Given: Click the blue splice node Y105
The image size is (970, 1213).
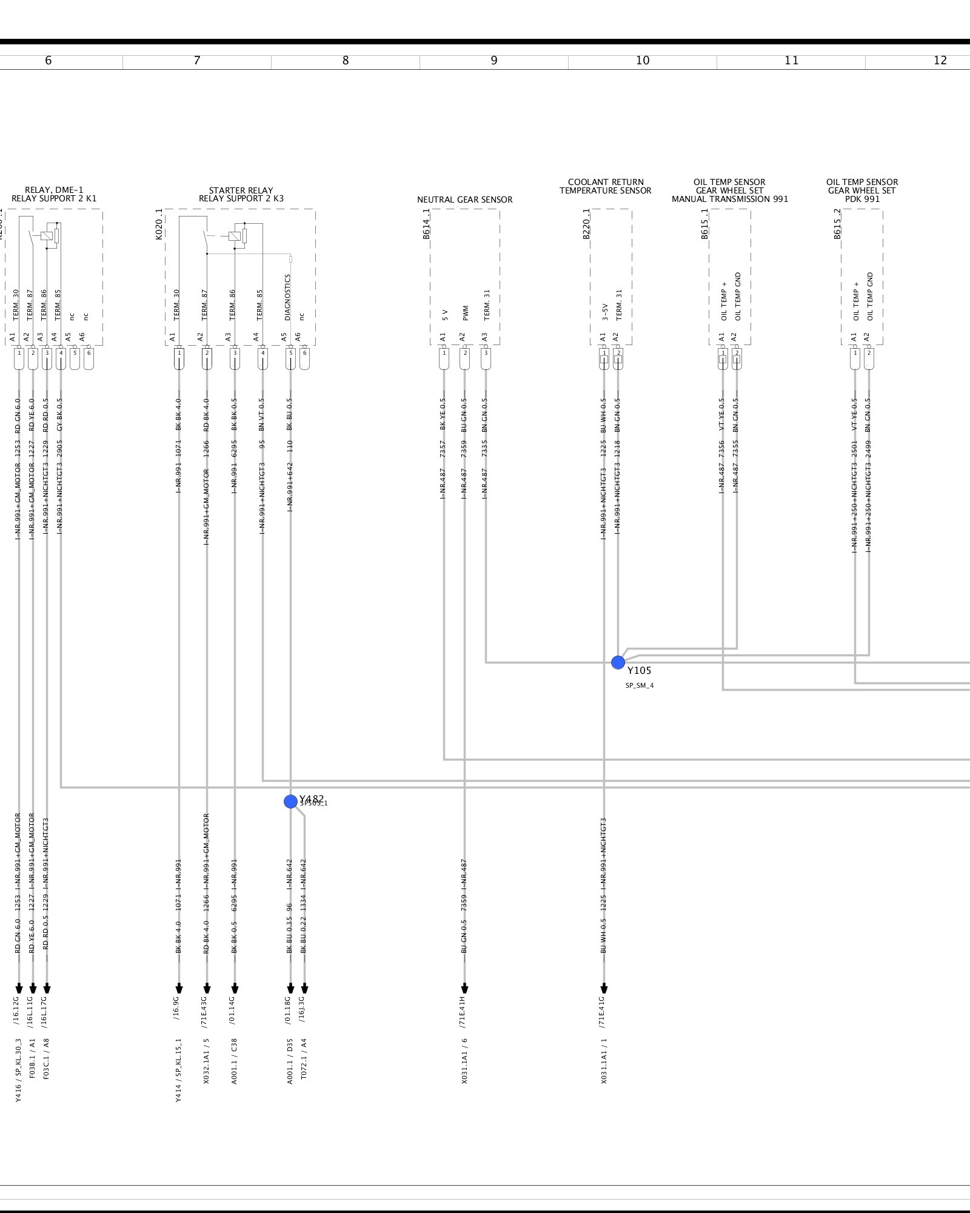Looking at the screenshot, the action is click(618, 662).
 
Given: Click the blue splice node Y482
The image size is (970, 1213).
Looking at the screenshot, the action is click(290, 801).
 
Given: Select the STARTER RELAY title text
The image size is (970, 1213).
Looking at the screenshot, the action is click(241, 194).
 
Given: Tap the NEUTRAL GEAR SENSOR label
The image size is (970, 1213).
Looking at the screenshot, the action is click(464, 200).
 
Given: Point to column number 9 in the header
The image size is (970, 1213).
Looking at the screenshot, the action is click(494, 61).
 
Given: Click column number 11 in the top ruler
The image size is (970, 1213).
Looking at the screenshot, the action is click(791, 61).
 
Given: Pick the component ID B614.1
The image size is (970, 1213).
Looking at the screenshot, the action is click(426, 224).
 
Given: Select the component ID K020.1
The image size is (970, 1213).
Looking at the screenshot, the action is click(159, 224).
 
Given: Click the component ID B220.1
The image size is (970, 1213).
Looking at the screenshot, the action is click(586, 224).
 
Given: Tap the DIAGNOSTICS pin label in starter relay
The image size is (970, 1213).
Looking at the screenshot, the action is click(288, 297).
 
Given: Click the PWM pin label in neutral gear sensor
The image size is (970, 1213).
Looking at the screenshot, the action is click(465, 312).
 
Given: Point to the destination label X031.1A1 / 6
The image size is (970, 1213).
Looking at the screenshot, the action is click(464, 1061).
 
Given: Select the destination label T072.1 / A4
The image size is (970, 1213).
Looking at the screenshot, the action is click(304, 1061).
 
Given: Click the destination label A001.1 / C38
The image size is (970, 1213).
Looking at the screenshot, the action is click(235, 1061).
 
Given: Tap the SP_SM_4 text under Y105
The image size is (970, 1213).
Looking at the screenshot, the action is click(640, 685).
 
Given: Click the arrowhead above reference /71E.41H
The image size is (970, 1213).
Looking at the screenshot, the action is click(464, 989).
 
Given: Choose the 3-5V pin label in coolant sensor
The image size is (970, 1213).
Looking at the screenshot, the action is click(604, 312).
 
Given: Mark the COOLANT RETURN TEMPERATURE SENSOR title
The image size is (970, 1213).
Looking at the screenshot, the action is click(605, 186).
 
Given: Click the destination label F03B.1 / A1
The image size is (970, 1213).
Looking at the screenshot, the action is click(33, 1058).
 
